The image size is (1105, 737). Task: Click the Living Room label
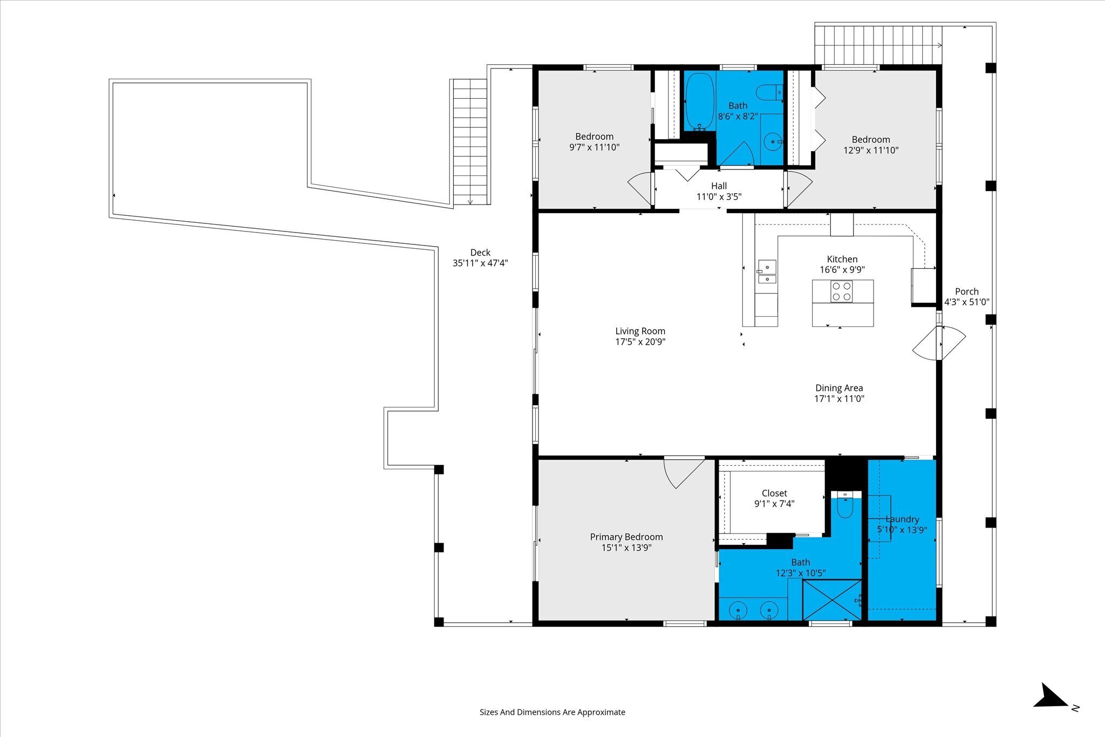pos(640,331)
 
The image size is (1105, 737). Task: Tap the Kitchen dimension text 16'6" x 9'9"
pos(842,270)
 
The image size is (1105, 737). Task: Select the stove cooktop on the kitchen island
pos(841,291)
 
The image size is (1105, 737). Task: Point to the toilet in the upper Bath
pos(769,93)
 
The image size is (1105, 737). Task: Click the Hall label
pos(719,186)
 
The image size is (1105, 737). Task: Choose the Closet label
pos(774,493)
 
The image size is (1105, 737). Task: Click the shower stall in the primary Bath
pos(832,600)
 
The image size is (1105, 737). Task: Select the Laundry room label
pos(902,519)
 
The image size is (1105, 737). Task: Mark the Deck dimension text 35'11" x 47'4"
pos(480,263)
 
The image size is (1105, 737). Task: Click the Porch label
pos(966,291)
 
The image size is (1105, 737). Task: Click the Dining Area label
pos(839,388)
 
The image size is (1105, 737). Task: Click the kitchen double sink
pos(767,271)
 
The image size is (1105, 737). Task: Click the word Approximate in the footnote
pos(601,712)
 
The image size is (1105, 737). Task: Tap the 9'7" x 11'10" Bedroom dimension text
pos(594,147)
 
